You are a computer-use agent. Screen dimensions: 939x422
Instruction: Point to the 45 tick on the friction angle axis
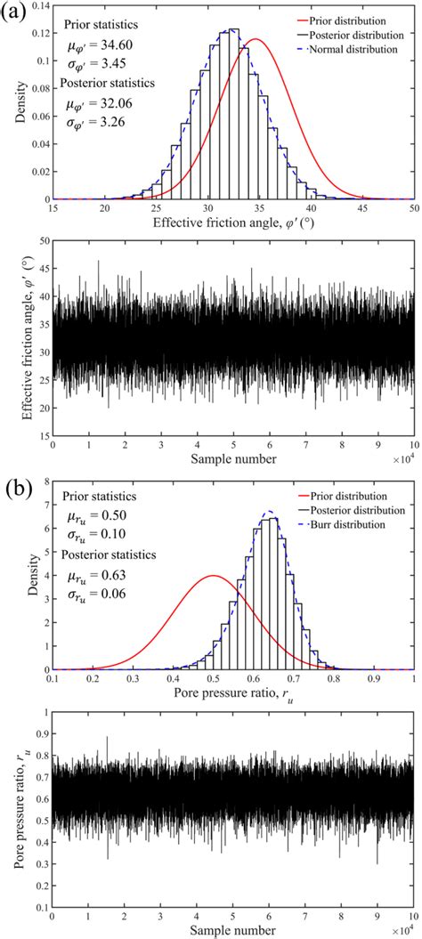point(363,208)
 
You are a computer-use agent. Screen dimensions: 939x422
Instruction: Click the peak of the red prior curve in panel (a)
point(256,39)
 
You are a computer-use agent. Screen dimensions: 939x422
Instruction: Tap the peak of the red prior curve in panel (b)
point(213,576)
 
